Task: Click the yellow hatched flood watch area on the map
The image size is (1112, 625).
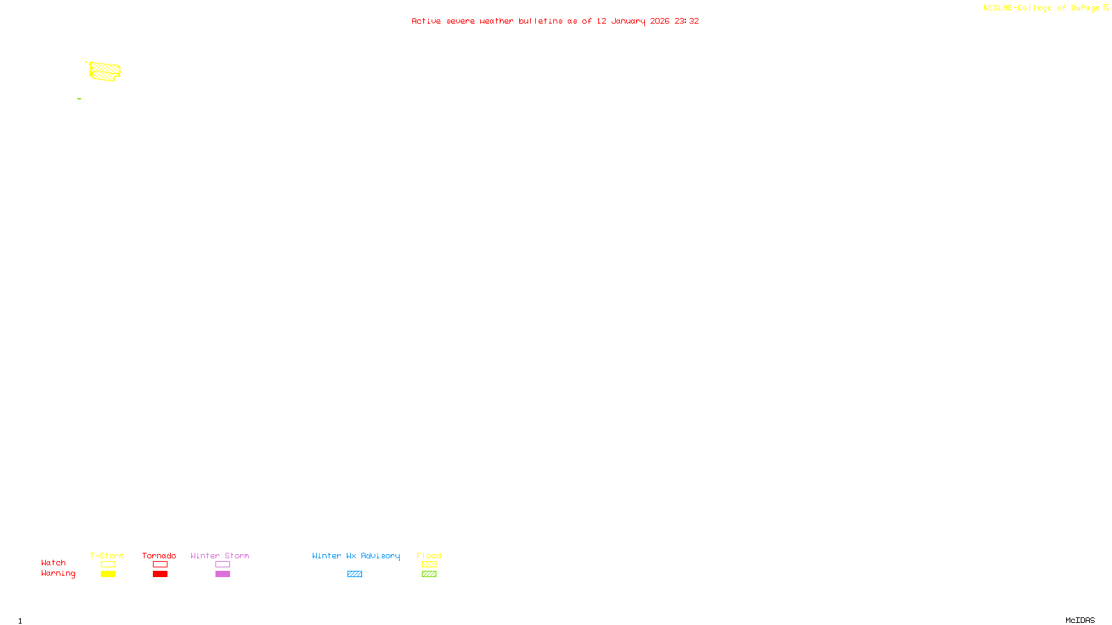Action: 105,72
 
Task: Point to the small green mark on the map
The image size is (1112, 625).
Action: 79,99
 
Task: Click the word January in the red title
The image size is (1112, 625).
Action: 628,21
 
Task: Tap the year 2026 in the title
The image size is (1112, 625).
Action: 660,21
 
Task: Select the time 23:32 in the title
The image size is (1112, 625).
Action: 687,21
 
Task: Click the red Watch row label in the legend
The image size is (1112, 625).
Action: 54,562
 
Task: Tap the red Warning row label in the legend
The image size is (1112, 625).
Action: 58,574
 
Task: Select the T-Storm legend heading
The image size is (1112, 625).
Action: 107,556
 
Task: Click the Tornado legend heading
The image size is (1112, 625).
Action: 159,556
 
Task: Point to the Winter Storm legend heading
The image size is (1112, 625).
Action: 220,556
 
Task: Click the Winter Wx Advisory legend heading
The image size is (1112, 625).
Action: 356,556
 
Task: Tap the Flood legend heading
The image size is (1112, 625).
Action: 429,556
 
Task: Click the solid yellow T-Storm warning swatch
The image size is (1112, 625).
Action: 108,574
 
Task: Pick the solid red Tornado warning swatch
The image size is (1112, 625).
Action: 160,574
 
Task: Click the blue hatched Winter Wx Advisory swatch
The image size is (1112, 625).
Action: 354,574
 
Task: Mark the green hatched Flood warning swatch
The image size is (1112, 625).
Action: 429,574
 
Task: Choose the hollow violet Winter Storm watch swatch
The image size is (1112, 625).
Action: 222,565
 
